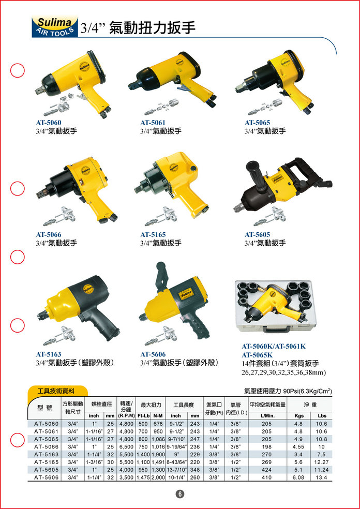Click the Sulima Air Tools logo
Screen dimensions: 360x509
(x=54, y=25)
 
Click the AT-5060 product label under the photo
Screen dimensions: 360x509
(x=49, y=123)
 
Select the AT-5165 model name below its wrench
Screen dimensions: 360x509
(x=153, y=235)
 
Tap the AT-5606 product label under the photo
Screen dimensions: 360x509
(x=153, y=354)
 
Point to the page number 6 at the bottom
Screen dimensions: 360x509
(x=180, y=494)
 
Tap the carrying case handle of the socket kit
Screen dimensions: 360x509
(x=277, y=329)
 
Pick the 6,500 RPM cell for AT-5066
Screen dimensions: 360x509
(x=126, y=447)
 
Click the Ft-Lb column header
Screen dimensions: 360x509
(x=143, y=416)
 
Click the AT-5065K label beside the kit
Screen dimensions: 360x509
(x=257, y=355)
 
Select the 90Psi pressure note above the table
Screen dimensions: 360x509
(x=288, y=391)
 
